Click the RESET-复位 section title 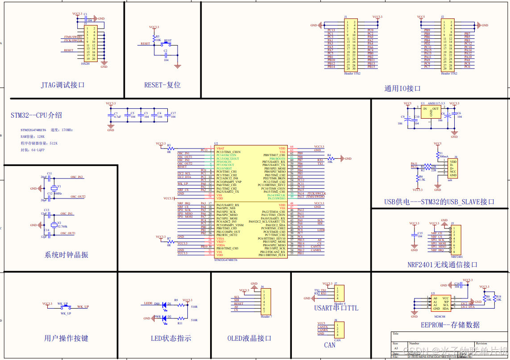(162, 85)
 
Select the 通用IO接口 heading (402, 88)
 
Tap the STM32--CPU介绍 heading (37, 116)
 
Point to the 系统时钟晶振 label (66, 255)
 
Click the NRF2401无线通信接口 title (442, 265)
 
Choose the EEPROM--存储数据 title (450, 325)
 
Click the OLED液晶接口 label (249, 338)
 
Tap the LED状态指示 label (171, 338)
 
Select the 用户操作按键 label (66, 338)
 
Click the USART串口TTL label (336, 308)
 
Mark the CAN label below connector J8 (330, 345)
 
